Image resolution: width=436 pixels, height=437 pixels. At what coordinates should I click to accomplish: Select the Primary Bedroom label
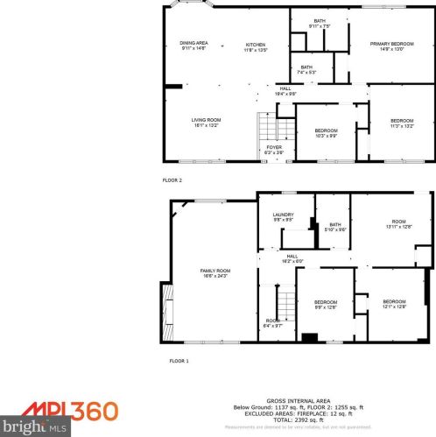click(390, 45)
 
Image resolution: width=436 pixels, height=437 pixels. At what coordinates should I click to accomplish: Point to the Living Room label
click(207, 123)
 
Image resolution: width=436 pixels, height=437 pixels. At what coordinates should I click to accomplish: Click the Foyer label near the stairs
click(275, 149)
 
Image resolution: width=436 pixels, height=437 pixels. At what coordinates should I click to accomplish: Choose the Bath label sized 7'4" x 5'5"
click(306, 69)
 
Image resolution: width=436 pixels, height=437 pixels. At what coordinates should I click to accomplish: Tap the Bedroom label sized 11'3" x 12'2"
click(402, 123)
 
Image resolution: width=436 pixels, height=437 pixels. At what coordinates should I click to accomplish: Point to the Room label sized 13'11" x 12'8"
click(399, 224)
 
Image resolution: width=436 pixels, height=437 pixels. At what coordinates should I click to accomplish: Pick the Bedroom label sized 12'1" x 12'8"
click(394, 304)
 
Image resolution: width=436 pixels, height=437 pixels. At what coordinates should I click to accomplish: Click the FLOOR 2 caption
click(172, 180)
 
